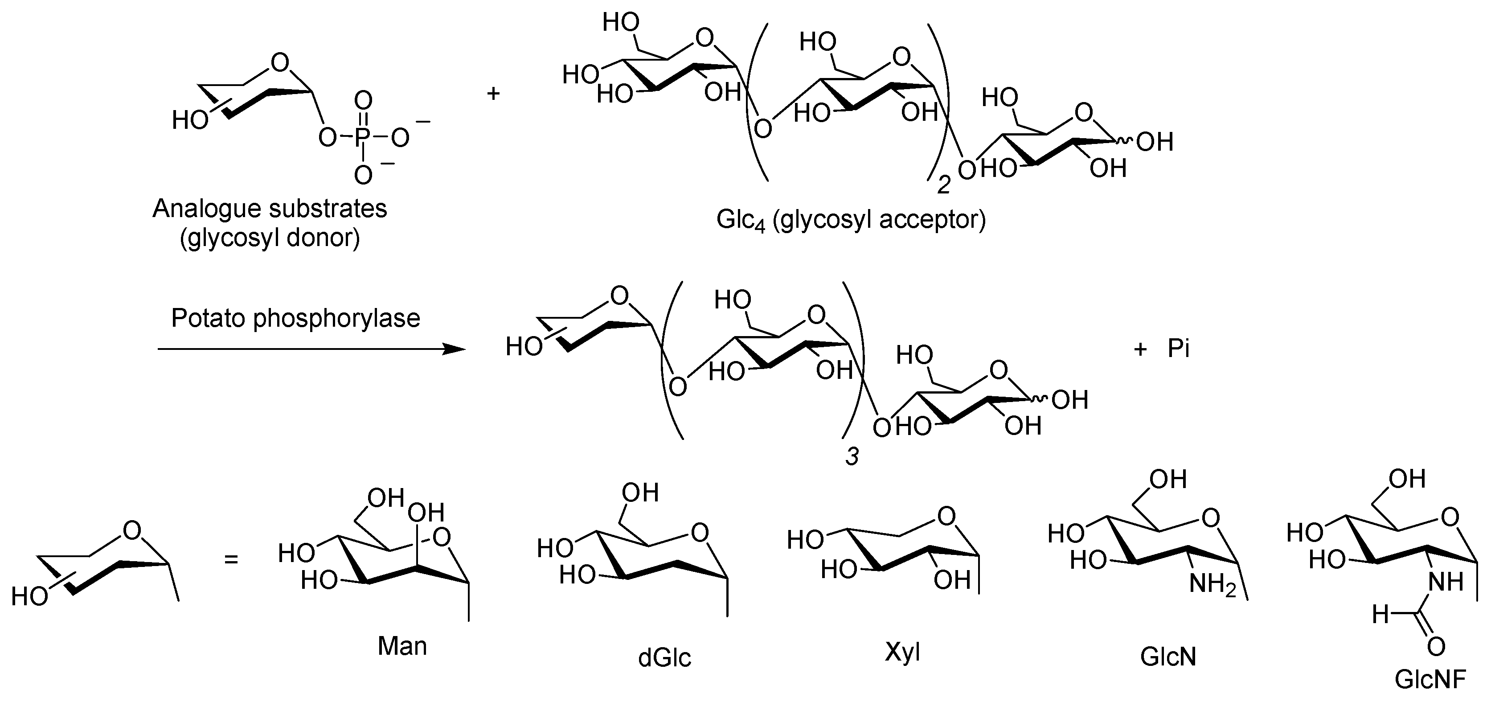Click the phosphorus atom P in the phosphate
point(363,138)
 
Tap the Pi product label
point(1179,349)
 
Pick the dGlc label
point(664,658)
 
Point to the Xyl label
point(902,652)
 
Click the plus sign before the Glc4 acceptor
point(493,93)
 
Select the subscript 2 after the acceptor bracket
point(943,185)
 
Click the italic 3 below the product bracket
point(852,456)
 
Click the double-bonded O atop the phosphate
point(363,100)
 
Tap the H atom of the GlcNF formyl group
point(1381,615)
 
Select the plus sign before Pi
point(1140,349)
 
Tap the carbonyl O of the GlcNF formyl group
point(1436,646)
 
